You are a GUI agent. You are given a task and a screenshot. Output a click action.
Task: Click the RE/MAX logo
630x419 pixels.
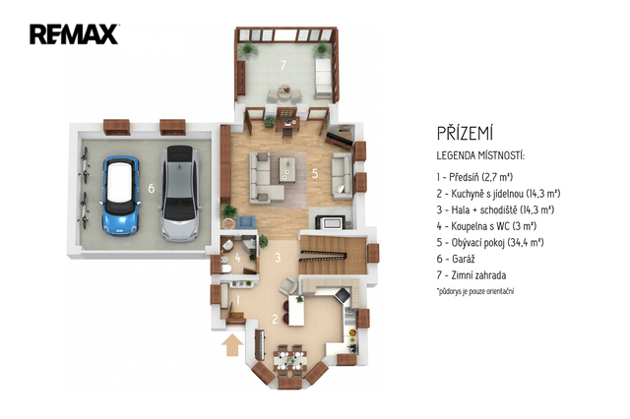74,33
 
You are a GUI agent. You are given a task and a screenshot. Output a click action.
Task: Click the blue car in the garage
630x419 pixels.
120,195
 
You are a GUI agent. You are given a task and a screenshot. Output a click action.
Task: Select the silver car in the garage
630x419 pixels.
180,193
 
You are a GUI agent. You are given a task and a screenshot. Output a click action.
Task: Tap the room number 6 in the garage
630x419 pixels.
151,188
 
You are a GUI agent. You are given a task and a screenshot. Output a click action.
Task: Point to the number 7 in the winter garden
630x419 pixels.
283,65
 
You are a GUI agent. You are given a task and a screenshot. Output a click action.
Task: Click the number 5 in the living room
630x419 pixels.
315,173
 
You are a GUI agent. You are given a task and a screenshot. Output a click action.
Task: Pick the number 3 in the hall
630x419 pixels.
278,258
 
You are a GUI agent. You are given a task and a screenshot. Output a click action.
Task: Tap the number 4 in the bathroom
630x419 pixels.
238,258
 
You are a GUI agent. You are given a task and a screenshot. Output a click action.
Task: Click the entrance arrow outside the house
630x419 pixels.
232,345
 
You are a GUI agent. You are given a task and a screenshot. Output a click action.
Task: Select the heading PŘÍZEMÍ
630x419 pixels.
465,134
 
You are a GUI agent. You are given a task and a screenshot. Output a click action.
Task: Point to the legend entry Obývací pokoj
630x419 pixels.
490,242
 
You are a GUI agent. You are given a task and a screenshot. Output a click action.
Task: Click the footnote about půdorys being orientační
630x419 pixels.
475,291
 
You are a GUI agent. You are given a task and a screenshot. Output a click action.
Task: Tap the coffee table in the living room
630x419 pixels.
287,169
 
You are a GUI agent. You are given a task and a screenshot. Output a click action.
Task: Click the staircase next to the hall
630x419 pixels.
333,255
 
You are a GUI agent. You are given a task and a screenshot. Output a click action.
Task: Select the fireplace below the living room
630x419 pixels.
330,222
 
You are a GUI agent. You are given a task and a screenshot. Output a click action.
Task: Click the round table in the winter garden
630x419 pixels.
284,91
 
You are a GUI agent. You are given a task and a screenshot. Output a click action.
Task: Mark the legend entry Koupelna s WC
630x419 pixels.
486,226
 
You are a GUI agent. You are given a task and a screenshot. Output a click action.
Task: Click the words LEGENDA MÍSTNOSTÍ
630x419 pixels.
480,155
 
